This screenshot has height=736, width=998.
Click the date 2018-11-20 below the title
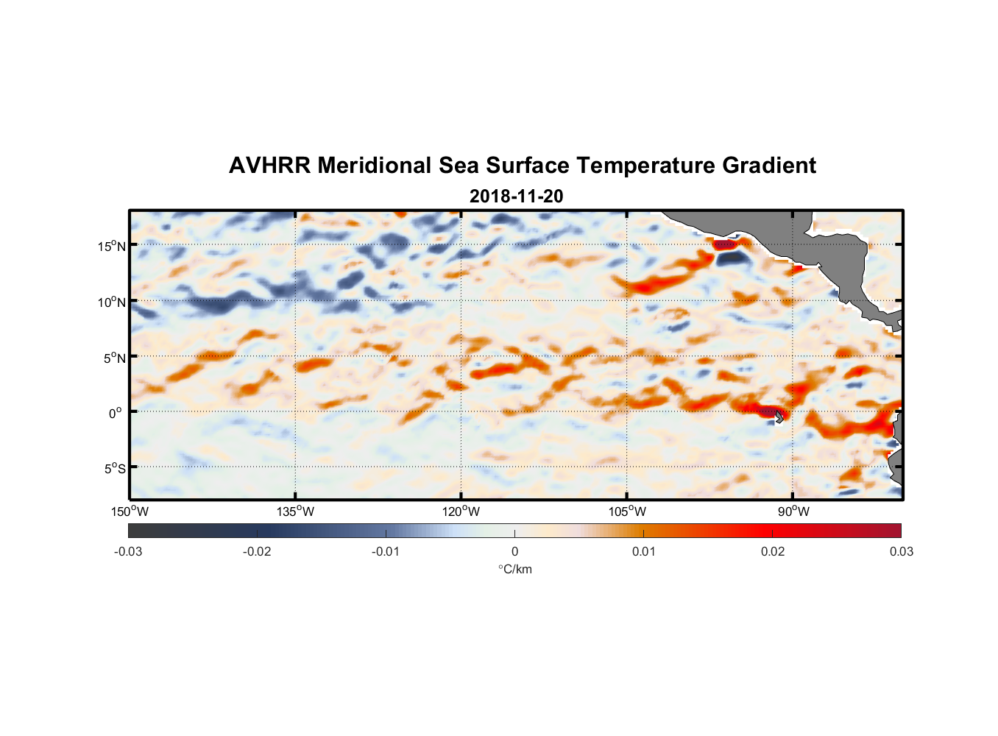(516, 197)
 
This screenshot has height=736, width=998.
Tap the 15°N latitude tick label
(111, 246)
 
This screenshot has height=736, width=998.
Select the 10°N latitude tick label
(111, 302)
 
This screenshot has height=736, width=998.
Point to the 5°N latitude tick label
(114, 358)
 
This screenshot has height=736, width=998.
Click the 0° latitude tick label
(116, 413)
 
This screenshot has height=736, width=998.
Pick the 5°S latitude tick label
(114, 468)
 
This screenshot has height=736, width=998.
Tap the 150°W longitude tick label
(130, 512)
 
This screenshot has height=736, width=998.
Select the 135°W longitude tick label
(295, 512)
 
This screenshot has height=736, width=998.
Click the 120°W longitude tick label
(461, 512)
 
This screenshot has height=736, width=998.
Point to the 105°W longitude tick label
(627, 512)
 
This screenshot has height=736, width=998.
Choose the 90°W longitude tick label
(793, 512)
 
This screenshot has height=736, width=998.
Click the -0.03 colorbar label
(128, 551)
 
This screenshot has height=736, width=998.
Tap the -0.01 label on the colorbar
(386, 551)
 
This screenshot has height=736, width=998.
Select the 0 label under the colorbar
(514, 551)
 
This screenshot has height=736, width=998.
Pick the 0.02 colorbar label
(773, 551)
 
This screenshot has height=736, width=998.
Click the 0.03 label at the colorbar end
(901, 551)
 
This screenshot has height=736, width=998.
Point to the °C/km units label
(514, 569)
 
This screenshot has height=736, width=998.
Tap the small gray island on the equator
(779, 417)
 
